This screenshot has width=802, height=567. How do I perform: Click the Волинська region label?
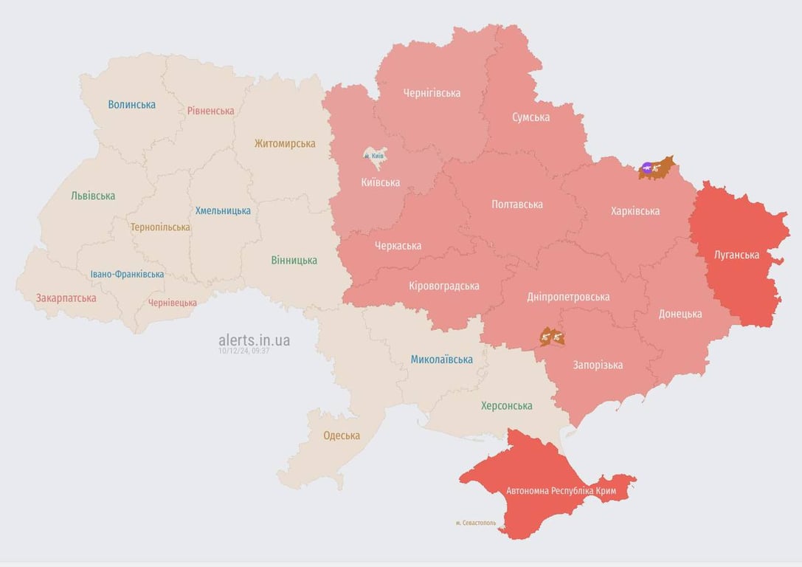click(x=131, y=105)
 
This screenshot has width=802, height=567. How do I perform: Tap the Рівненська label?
click(x=210, y=111)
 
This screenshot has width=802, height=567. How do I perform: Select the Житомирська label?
click(x=285, y=143)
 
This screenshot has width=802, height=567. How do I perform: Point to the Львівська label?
click(x=93, y=196)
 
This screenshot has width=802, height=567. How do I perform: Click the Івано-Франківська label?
click(x=127, y=274)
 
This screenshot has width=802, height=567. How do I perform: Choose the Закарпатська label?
click(x=66, y=298)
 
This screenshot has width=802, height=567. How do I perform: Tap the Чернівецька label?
click(x=173, y=303)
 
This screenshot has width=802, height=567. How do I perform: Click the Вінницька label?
click(x=294, y=260)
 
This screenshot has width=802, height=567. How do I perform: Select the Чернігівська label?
click(x=432, y=93)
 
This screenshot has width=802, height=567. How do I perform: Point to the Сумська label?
click(x=530, y=117)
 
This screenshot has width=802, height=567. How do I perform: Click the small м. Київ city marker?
click(x=375, y=156)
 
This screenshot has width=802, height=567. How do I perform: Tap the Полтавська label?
click(x=517, y=205)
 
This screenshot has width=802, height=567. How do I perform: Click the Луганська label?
click(x=736, y=255)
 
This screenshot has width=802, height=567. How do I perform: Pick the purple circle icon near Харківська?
click(x=647, y=168)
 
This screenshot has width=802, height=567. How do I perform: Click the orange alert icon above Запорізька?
click(x=552, y=337)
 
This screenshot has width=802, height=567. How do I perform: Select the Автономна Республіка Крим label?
click(x=561, y=490)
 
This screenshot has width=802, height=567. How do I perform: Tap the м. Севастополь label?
click(x=476, y=523)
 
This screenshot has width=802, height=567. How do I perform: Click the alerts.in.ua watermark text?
click(x=254, y=340)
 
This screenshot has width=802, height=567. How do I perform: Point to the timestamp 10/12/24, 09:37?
click(x=243, y=351)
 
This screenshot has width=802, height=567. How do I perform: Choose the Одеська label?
click(x=342, y=436)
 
